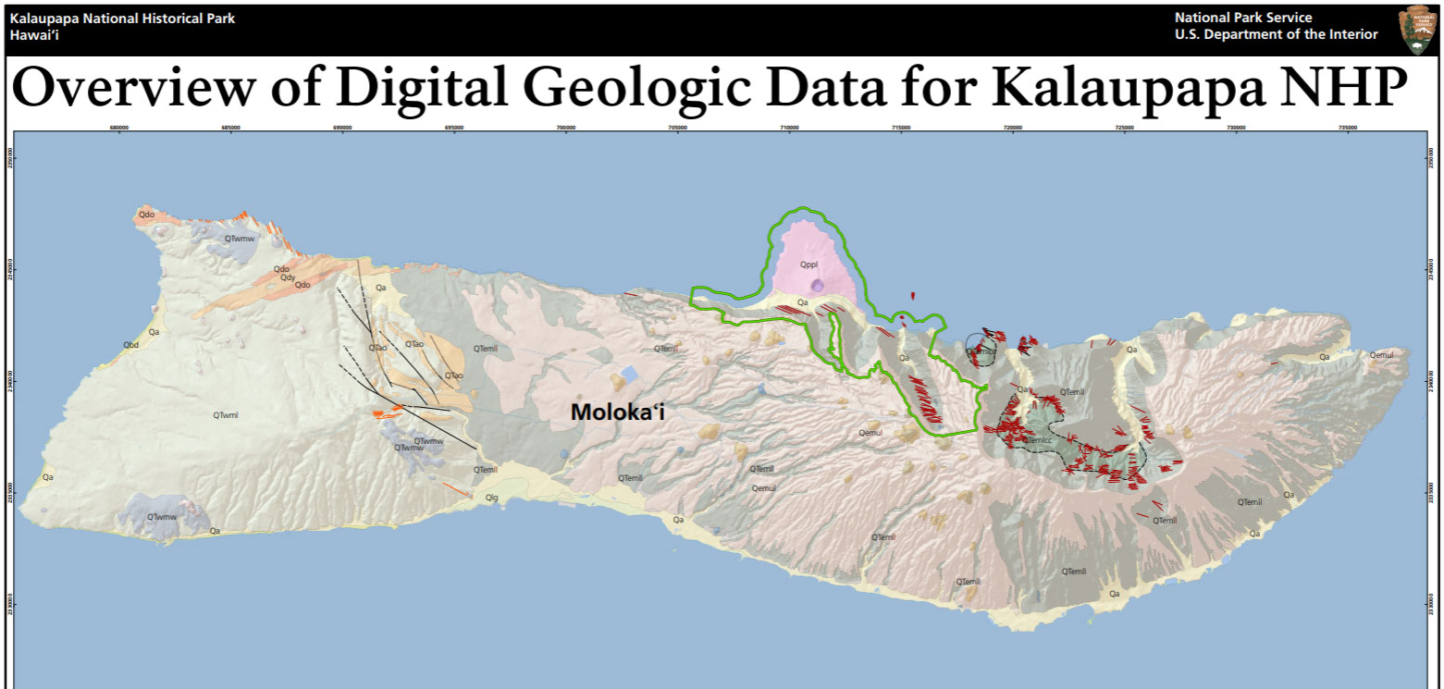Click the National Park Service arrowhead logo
[1415, 29]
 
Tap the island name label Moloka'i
[617, 412]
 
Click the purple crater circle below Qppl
[816, 286]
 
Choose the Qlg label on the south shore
[492, 498]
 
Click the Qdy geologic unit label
[288, 277]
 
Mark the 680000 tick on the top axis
[118, 128]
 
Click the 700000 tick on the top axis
[565, 128]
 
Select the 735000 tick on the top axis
[1348, 128]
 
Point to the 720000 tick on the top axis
[1013, 128]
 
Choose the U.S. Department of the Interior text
[1276, 34]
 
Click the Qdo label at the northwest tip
[145, 215]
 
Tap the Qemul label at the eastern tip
[1381, 355]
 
